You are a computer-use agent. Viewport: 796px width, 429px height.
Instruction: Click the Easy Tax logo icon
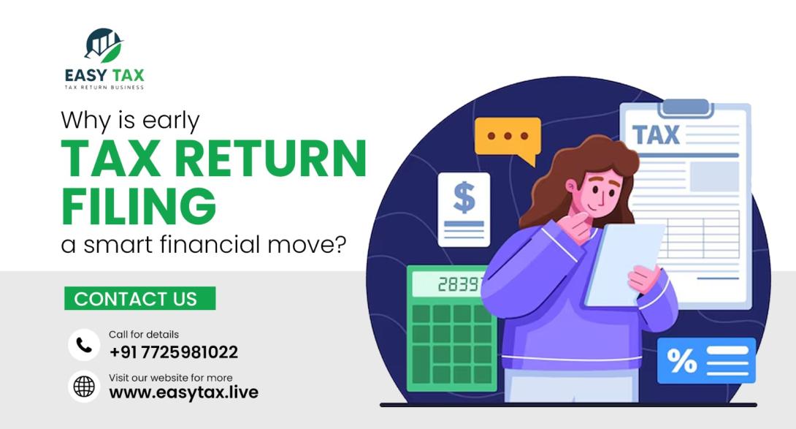pos(104,45)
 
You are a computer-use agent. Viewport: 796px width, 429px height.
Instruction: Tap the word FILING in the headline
pos(139,206)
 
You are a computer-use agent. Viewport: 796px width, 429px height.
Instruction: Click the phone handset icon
pos(84,345)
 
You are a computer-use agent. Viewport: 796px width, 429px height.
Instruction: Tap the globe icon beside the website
pos(84,387)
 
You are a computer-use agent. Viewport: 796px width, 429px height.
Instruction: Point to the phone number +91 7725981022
pos(174,352)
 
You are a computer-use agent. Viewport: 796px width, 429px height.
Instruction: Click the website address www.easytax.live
pos(183,392)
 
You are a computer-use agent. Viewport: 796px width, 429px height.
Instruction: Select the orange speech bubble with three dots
pos(508,137)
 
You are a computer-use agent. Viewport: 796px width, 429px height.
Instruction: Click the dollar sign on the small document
pos(464,197)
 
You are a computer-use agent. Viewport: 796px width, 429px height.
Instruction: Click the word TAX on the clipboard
pos(656,135)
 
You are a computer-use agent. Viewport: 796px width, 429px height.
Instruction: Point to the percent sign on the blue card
pos(682,361)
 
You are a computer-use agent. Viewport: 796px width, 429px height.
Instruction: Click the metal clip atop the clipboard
pos(684,107)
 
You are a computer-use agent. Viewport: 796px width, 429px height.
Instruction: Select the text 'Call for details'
pos(144,335)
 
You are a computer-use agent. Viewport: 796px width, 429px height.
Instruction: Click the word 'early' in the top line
pos(173,120)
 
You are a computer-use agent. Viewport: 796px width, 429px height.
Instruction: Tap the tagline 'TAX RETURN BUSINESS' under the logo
pos(104,88)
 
